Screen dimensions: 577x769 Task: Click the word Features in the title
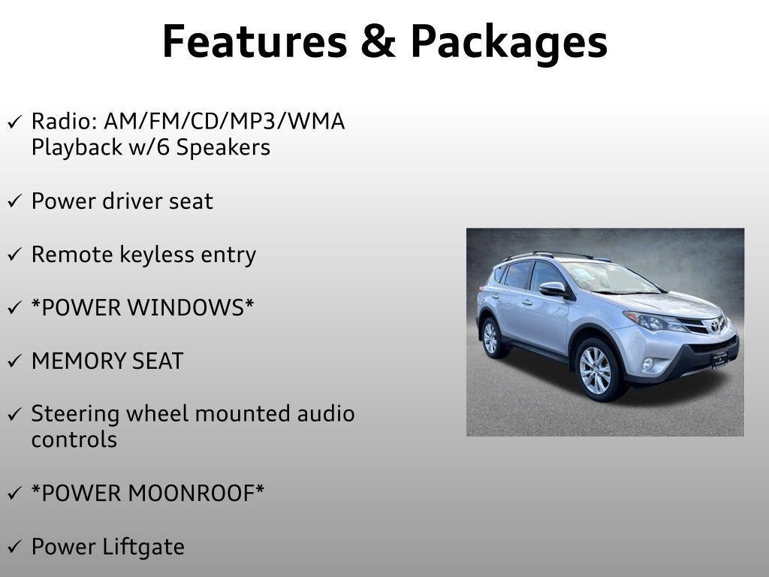coord(254,41)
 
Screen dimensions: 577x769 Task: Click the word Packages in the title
coord(508,43)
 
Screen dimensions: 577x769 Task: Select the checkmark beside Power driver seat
coord(15,202)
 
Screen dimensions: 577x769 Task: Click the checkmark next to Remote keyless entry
coord(15,255)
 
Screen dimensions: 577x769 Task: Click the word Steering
coord(75,415)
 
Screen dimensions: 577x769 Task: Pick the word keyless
coord(149,255)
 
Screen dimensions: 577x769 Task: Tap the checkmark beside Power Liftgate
coord(15,548)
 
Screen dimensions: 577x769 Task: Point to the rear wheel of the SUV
coord(491,337)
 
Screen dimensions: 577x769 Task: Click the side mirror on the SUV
coord(552,288)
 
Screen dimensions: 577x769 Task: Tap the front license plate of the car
coord(719,358)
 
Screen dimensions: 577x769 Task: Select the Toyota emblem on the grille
coord(715,325)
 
